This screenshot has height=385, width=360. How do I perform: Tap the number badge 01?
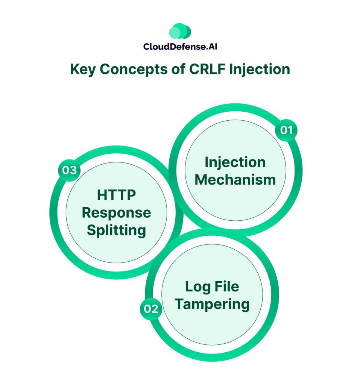286,130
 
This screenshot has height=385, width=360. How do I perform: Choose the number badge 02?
151,309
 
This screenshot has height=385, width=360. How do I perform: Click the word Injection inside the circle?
235,162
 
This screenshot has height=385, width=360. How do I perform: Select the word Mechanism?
235,179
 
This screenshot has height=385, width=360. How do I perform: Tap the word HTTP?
116,195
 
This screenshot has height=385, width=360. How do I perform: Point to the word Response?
116,213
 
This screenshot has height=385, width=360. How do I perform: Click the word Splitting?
116,230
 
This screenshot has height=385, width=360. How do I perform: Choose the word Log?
196,286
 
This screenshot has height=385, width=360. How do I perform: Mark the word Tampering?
212,304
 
